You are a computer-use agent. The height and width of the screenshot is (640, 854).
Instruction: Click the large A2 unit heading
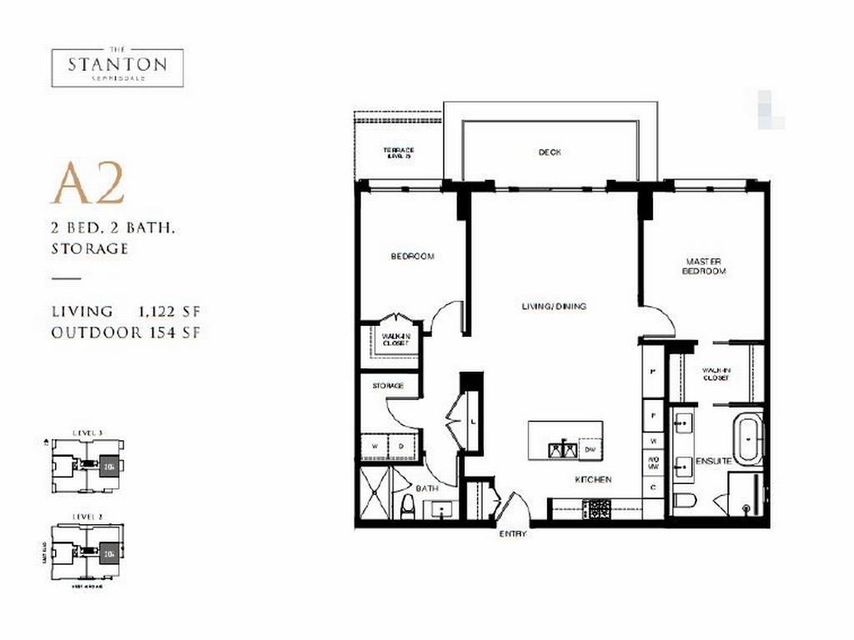click(x=88, y=185)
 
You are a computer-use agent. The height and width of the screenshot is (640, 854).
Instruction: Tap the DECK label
click(x=549, y=152)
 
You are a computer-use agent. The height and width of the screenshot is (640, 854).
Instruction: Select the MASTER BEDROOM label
click(x=704, y=266)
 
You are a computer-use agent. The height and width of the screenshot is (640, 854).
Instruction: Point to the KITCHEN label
click(x=592, y=480)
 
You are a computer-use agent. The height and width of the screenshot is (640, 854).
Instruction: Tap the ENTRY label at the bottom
click(x=513, y=533)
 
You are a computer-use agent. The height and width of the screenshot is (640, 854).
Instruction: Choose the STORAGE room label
click(x=388, y=386)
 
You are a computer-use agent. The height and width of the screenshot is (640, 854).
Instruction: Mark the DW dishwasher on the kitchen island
click(x=590, y=449)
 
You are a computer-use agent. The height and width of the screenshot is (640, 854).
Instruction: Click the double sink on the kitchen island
click(x=562, y=449)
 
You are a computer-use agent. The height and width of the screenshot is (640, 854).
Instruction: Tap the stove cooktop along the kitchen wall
click(x=598, y=507)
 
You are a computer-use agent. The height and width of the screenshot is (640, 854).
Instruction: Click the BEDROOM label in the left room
click(x=412, y=257)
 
